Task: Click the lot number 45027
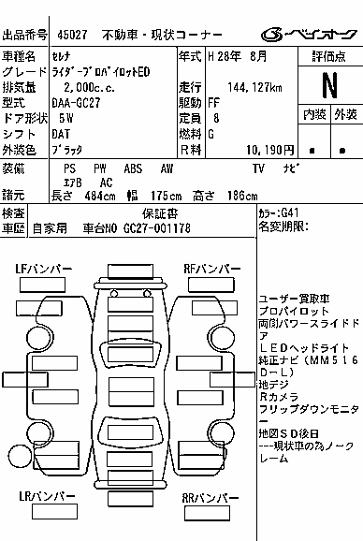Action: click(x=72, y=35)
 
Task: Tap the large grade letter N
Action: click(x=329, y=85)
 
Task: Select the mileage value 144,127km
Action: click(x=254, y=87)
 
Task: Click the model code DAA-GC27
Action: click(x=76, y=102)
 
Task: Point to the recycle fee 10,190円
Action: click(x=270, y=150)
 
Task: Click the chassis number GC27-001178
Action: click(x=157, y=228)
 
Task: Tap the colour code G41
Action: click(x=290, y=212)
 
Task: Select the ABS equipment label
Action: click(x=133, y=168)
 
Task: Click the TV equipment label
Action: click(x=258, y=168)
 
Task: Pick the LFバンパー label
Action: click(x=43, y=269)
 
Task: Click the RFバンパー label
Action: click(x=212, y=269)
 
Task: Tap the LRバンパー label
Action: click(x=47, y=496)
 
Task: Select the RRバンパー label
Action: click(x=211, y=498)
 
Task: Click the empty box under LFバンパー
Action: click(x=42, y=285)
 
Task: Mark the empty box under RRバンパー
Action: click(x=207, y=513)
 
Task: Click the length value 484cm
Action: click(x=100, y=196)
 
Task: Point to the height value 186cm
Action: click(x=242, y=196)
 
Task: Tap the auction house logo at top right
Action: click(x=309, y=35)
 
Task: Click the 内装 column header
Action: click(x=314, y=114)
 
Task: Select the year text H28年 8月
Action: click(x=238, y=56)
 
